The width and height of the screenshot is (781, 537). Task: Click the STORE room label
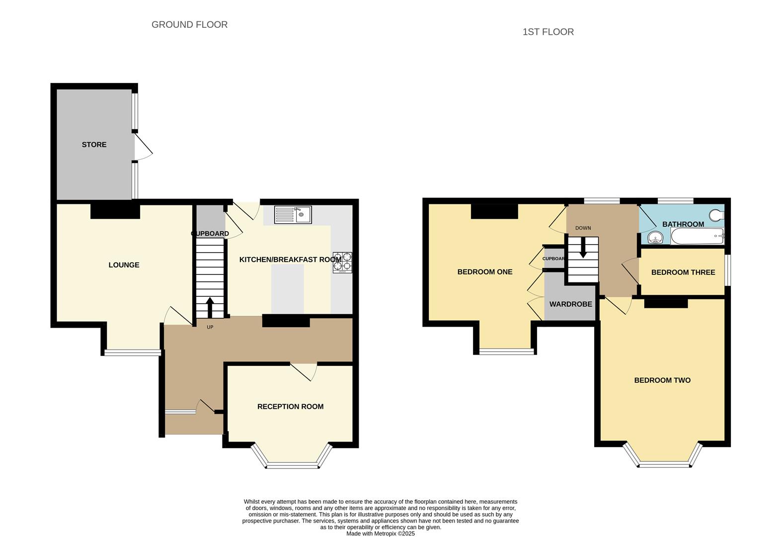pyautogui.click(x=94, y=145)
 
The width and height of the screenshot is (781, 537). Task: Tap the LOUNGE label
pyautogui.click(x=124, y=265)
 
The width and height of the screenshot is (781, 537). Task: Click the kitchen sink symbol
pyautogui.click(x=293, y=215)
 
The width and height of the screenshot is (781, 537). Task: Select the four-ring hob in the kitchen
pyautogui.click(x=342, y=263)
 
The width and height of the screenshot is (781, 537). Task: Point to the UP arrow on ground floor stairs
pyautogui.click(x=210, y=307)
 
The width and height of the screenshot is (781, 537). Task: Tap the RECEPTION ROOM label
pyautogui.click(x=290, y=407)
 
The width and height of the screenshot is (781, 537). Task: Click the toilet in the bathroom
pyautogui.click(x=716, y=215)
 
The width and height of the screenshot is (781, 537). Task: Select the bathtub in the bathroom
pyautogui.click(x=697, y=237)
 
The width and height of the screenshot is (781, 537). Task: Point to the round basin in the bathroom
pyautogui.click(x=656, y=238)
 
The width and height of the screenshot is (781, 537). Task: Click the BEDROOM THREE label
pyautogui.click(x=683, y=272)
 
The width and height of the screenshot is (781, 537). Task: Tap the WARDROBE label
pyautogui.click(x=570, y=304)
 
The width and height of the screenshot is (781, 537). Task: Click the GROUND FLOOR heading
pyautogui.click(x=189, y=25)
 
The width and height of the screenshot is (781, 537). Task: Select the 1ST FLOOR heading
pyautogui.click(x=548, y=32)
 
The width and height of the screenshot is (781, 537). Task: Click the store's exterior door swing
pyautogui.click(x=143, y=148)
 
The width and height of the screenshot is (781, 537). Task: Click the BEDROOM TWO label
pyautogui.click(x=662, y=380)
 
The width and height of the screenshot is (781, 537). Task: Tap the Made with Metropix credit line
pyautogui.click(x=380, y=534)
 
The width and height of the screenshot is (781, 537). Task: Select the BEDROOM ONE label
pyautogui.click(x=484, y=272)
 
